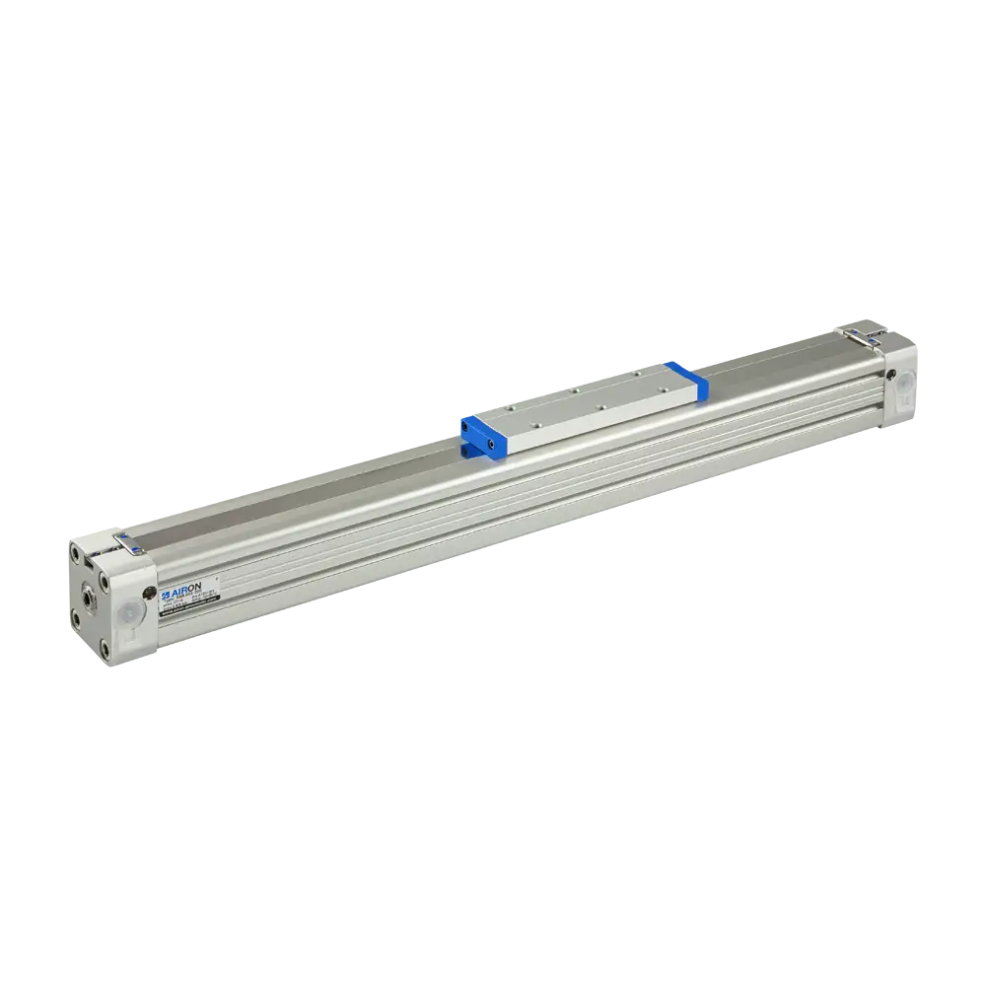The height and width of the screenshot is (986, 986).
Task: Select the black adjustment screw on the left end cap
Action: point(148,593)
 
